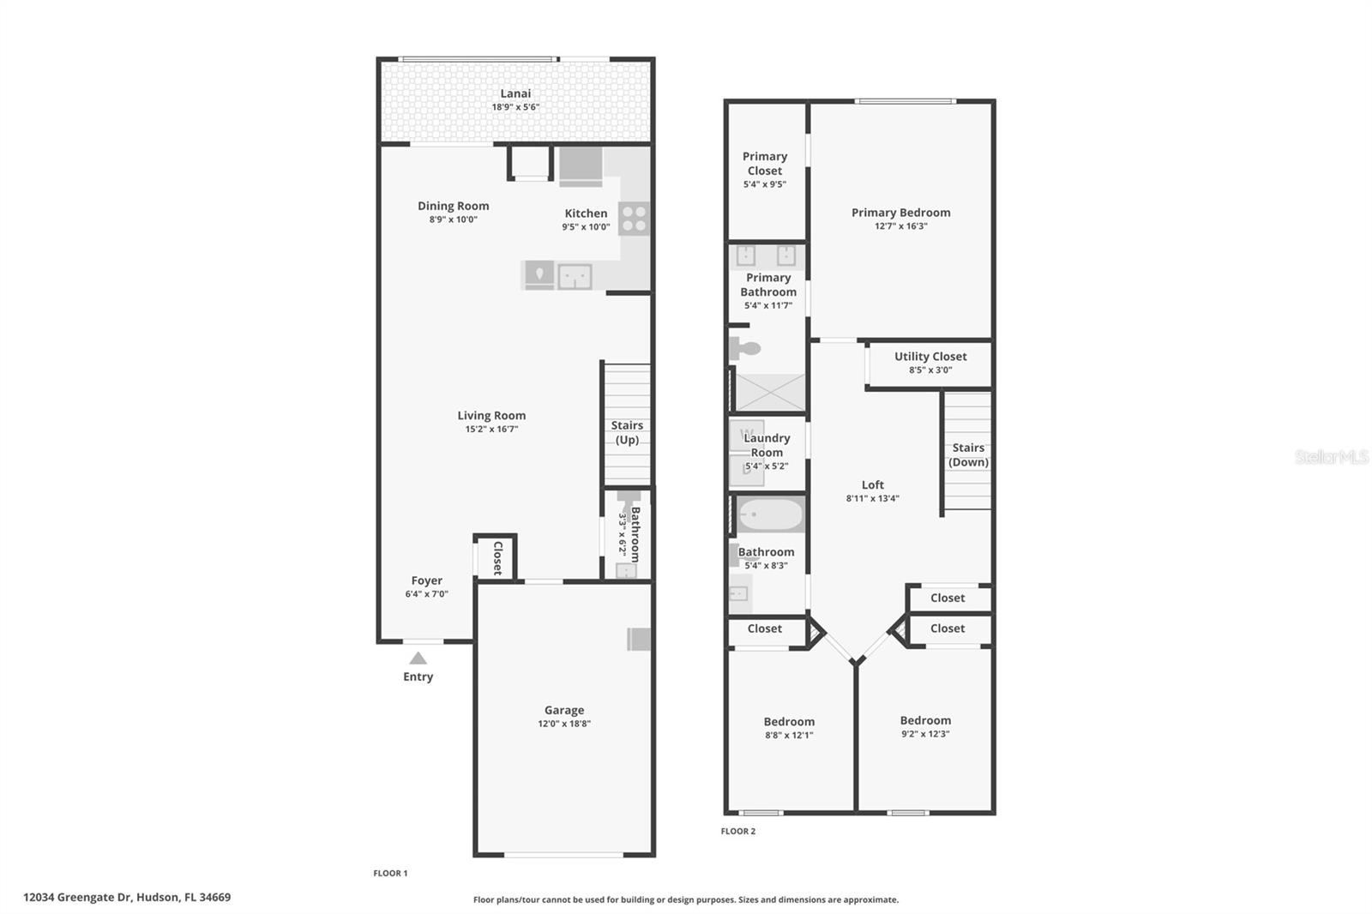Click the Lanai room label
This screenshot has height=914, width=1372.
pyautogui.click(x=515, y=93)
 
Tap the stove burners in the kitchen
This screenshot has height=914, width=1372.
pyautogui.click(x=634, y=219)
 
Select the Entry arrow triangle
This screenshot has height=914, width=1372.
pyautogui.click(x=418, y=658)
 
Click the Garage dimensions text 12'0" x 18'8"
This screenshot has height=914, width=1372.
pyautogui.click(x=564, y=724)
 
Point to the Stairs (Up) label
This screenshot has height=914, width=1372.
pyautogui.click(x=627, y=432)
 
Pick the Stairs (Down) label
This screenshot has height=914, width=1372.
pyautogui.click(x=968, y=454)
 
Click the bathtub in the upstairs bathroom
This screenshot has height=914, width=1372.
pyautogui.click(x=770, y=515)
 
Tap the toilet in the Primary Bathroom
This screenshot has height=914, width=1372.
pyautogui.click(x=744, y=349)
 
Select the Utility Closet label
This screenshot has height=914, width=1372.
pyautogui.click(x=930, y=357)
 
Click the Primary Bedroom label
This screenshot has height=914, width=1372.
pyautogui.click(x=900, y=213)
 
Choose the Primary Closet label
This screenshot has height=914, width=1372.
pyautogui.click(x=765, y=163)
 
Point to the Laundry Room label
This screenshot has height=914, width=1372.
pyautogui.click(x=767, y=445)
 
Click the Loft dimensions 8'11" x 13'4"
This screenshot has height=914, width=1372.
pyautogui.click(x=872, y=498)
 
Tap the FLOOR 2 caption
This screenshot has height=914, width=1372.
pyautogui.click(x=738, y=831)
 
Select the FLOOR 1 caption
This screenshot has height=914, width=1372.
pyautogui.click(x=390, y=873)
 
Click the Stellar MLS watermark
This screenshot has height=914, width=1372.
pyautogui.click(x=1331, y=457)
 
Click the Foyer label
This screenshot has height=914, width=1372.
pyautogui.click(x=426, y=580)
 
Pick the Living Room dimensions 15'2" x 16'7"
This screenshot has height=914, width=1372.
pyautogui.click(x=491, y=429)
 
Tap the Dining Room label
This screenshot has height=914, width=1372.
pyautogui.click(x=453, y=206)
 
